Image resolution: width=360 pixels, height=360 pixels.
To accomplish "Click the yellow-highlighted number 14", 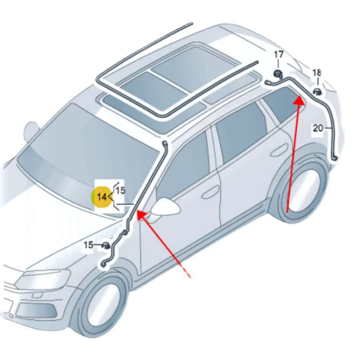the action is (x=102, y=197).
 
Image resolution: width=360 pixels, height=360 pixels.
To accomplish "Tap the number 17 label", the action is (x=279, y=54).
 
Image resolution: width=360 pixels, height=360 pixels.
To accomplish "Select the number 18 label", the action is (x=317, y=73).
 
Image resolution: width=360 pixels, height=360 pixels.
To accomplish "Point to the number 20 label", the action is (x=318, y=128).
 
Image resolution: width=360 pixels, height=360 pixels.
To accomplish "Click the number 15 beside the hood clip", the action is (x=88, y=245).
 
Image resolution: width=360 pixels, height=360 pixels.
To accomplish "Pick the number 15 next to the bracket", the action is (x=121, y=190).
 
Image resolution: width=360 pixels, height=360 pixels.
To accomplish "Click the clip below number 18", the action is (x=318, y=92).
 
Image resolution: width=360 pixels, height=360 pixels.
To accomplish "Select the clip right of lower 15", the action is (x=106, y=246).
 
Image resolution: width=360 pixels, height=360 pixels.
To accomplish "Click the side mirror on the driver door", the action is (x=165, y=207).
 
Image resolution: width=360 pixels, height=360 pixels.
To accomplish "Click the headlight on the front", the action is (x=44, y=281).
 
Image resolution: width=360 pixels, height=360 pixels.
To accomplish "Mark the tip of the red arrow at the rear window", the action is (x=300, y=97).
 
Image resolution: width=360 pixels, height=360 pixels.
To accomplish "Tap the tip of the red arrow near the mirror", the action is (x=138, y=211).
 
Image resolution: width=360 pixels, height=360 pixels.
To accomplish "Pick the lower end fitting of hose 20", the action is (x=335, y=157).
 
